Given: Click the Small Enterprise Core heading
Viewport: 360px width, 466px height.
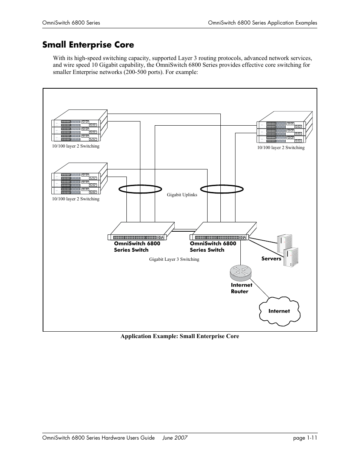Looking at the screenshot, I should tap(88, 45).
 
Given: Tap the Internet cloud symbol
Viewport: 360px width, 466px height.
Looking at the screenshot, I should tap(279, 311).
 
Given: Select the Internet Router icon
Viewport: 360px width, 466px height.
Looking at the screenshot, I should tap(240, 271).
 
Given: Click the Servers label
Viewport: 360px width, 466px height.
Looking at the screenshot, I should tap(271, 259).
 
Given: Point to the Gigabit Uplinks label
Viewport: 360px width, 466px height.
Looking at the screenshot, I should tap(182, 195).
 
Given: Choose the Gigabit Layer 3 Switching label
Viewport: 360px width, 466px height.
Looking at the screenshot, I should tap(174, 259).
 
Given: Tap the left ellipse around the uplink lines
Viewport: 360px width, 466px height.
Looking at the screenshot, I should tap(138, 189).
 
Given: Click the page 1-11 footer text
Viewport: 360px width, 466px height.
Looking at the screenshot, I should tap(306, 438).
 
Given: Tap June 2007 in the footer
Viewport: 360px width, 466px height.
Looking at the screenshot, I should tap(175, 438).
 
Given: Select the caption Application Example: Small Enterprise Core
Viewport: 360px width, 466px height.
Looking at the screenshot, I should tap(180, 336).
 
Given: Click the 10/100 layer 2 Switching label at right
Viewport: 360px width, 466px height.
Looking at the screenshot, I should tap(281, 148).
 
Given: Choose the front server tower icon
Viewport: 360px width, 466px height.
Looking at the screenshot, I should tap(291, 257).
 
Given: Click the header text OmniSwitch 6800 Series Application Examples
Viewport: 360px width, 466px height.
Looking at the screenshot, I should tap(262, 23).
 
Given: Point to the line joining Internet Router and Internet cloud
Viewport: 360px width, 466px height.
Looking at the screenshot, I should tap(260, 291).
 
